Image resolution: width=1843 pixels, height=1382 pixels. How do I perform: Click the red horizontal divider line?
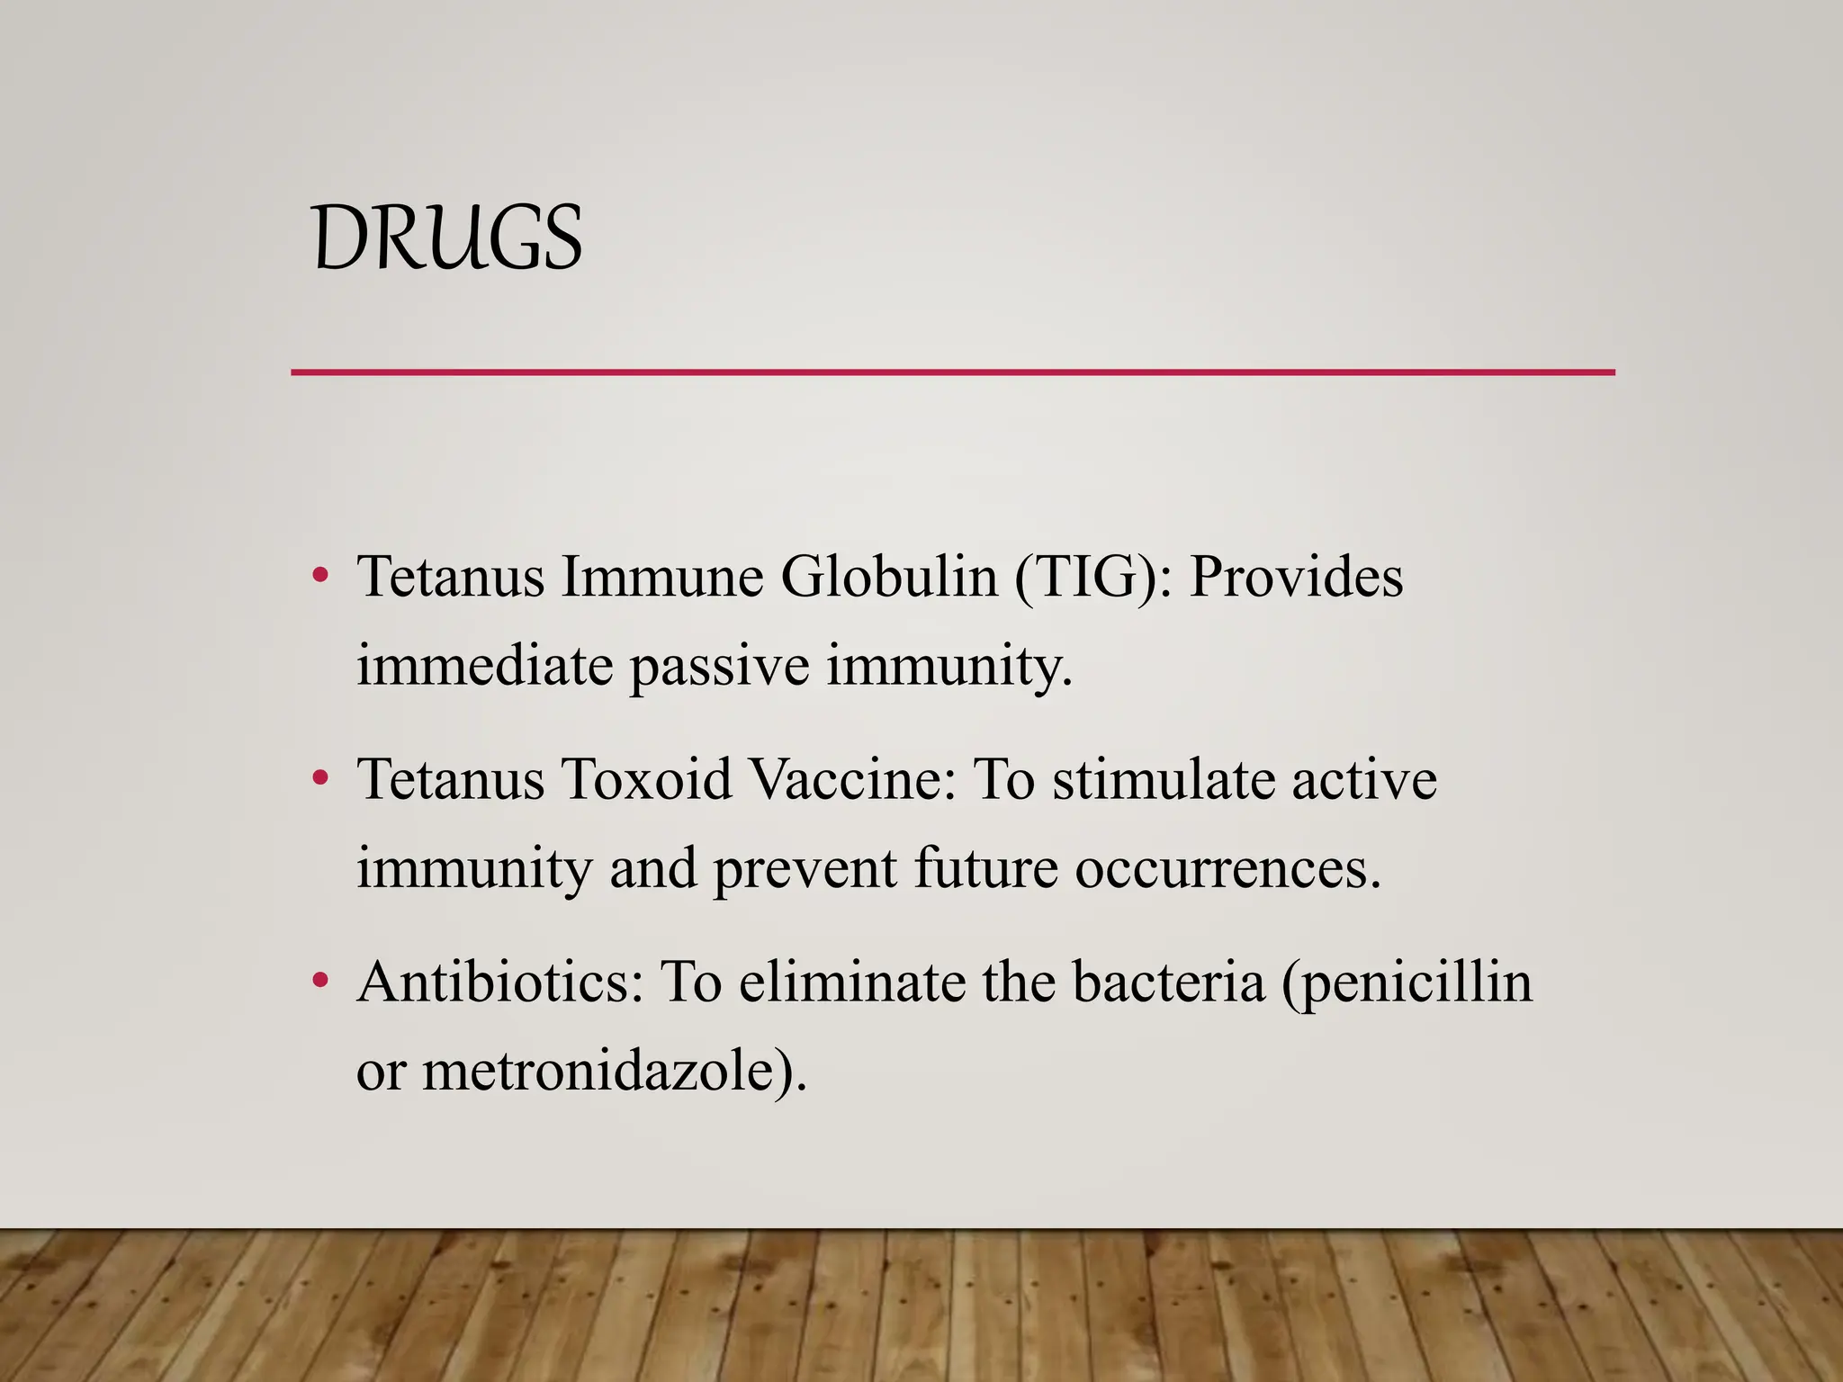[x=952, y=372]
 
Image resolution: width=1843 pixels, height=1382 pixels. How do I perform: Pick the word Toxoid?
[x=646, y=778]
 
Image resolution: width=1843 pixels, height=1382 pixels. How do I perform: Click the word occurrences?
[x=1227, y=869]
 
